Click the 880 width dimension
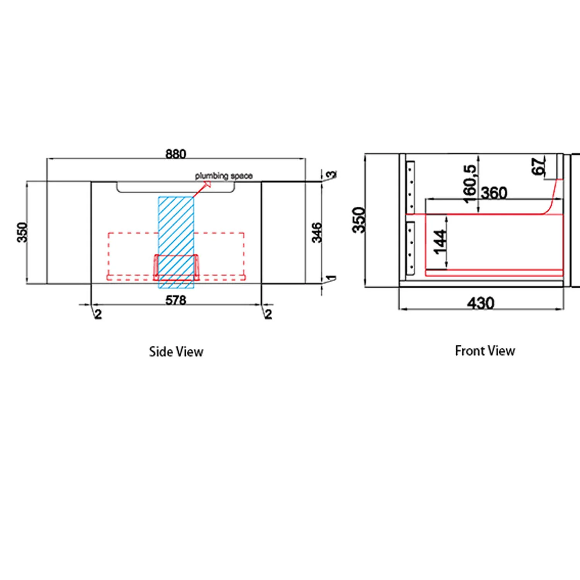point(176,154)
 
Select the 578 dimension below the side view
point(176,300)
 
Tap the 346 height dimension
point(317,232)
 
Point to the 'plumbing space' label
point(223,176)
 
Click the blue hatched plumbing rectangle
point(176,242)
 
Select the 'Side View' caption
point(176,351)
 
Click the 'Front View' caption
point(485,351)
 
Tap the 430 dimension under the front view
point(481,303)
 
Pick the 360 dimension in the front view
point(494,193)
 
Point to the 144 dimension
point(440,242)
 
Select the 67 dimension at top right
point(539,166)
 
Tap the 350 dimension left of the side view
point(23,232)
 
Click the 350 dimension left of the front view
point(359,220)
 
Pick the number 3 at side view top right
point(332,174)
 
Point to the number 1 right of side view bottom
point(331,278)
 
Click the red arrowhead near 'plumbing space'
point(206,184)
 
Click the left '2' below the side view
point(98,314)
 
